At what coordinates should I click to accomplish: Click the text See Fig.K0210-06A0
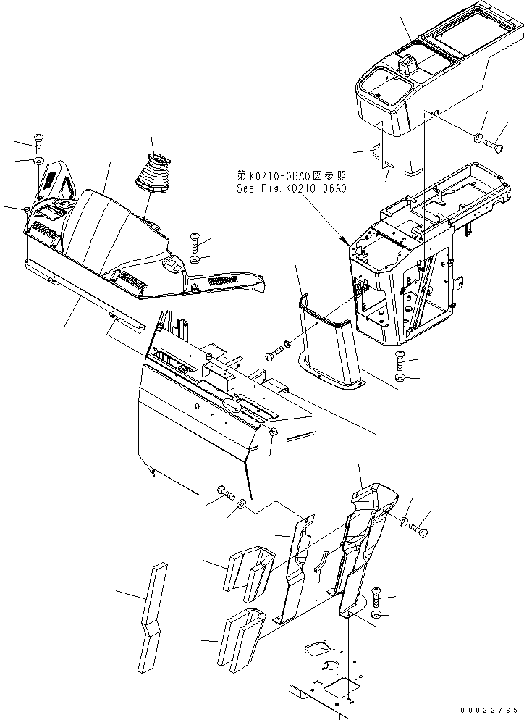(292, 188)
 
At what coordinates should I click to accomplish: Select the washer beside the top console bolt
(479, 137)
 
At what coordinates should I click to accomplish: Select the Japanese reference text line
(291, 175)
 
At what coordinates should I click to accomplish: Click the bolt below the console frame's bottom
(400, 357)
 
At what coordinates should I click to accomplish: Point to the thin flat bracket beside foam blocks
(295, 572)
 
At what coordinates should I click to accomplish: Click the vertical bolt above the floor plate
(377, 595)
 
